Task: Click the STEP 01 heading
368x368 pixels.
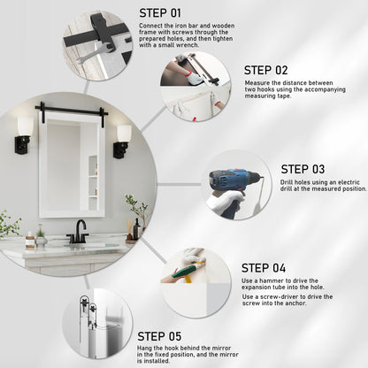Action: (x=160, y=13)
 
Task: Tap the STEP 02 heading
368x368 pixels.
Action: (x=265, y=70)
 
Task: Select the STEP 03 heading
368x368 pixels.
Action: (x=303, y=169)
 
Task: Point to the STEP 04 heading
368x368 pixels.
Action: (x=264, y=268)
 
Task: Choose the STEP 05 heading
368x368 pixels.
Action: (x=159, y=336)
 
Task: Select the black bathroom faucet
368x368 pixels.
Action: (x=78, y=233)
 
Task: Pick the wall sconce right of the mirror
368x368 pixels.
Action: (x=122, y=142)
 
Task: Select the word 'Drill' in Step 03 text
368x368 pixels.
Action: (x=287, y=182)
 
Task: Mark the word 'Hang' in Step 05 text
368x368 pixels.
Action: (x=144, y=349)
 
